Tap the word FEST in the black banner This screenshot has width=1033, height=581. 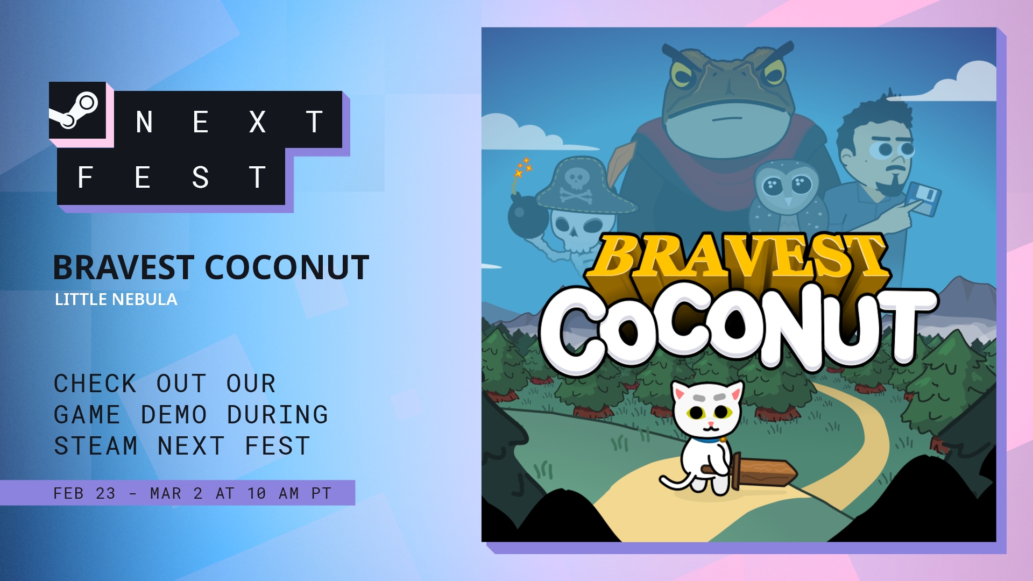pos(172,177)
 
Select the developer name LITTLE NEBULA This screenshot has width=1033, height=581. pos(116,299)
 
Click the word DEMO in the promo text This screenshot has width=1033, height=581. pos(174,415)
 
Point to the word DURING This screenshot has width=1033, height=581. pos(278,415)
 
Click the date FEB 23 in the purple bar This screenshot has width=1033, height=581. pos(84,493)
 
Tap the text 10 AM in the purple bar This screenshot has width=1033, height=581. pos(273,493)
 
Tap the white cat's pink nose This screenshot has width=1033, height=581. pos(711,424)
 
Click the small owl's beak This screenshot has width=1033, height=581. pos(788,202)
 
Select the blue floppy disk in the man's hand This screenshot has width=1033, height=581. pos(923,199)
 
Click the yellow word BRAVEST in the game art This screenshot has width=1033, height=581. pos(738,257)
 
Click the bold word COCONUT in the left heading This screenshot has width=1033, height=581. pos(287,267)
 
